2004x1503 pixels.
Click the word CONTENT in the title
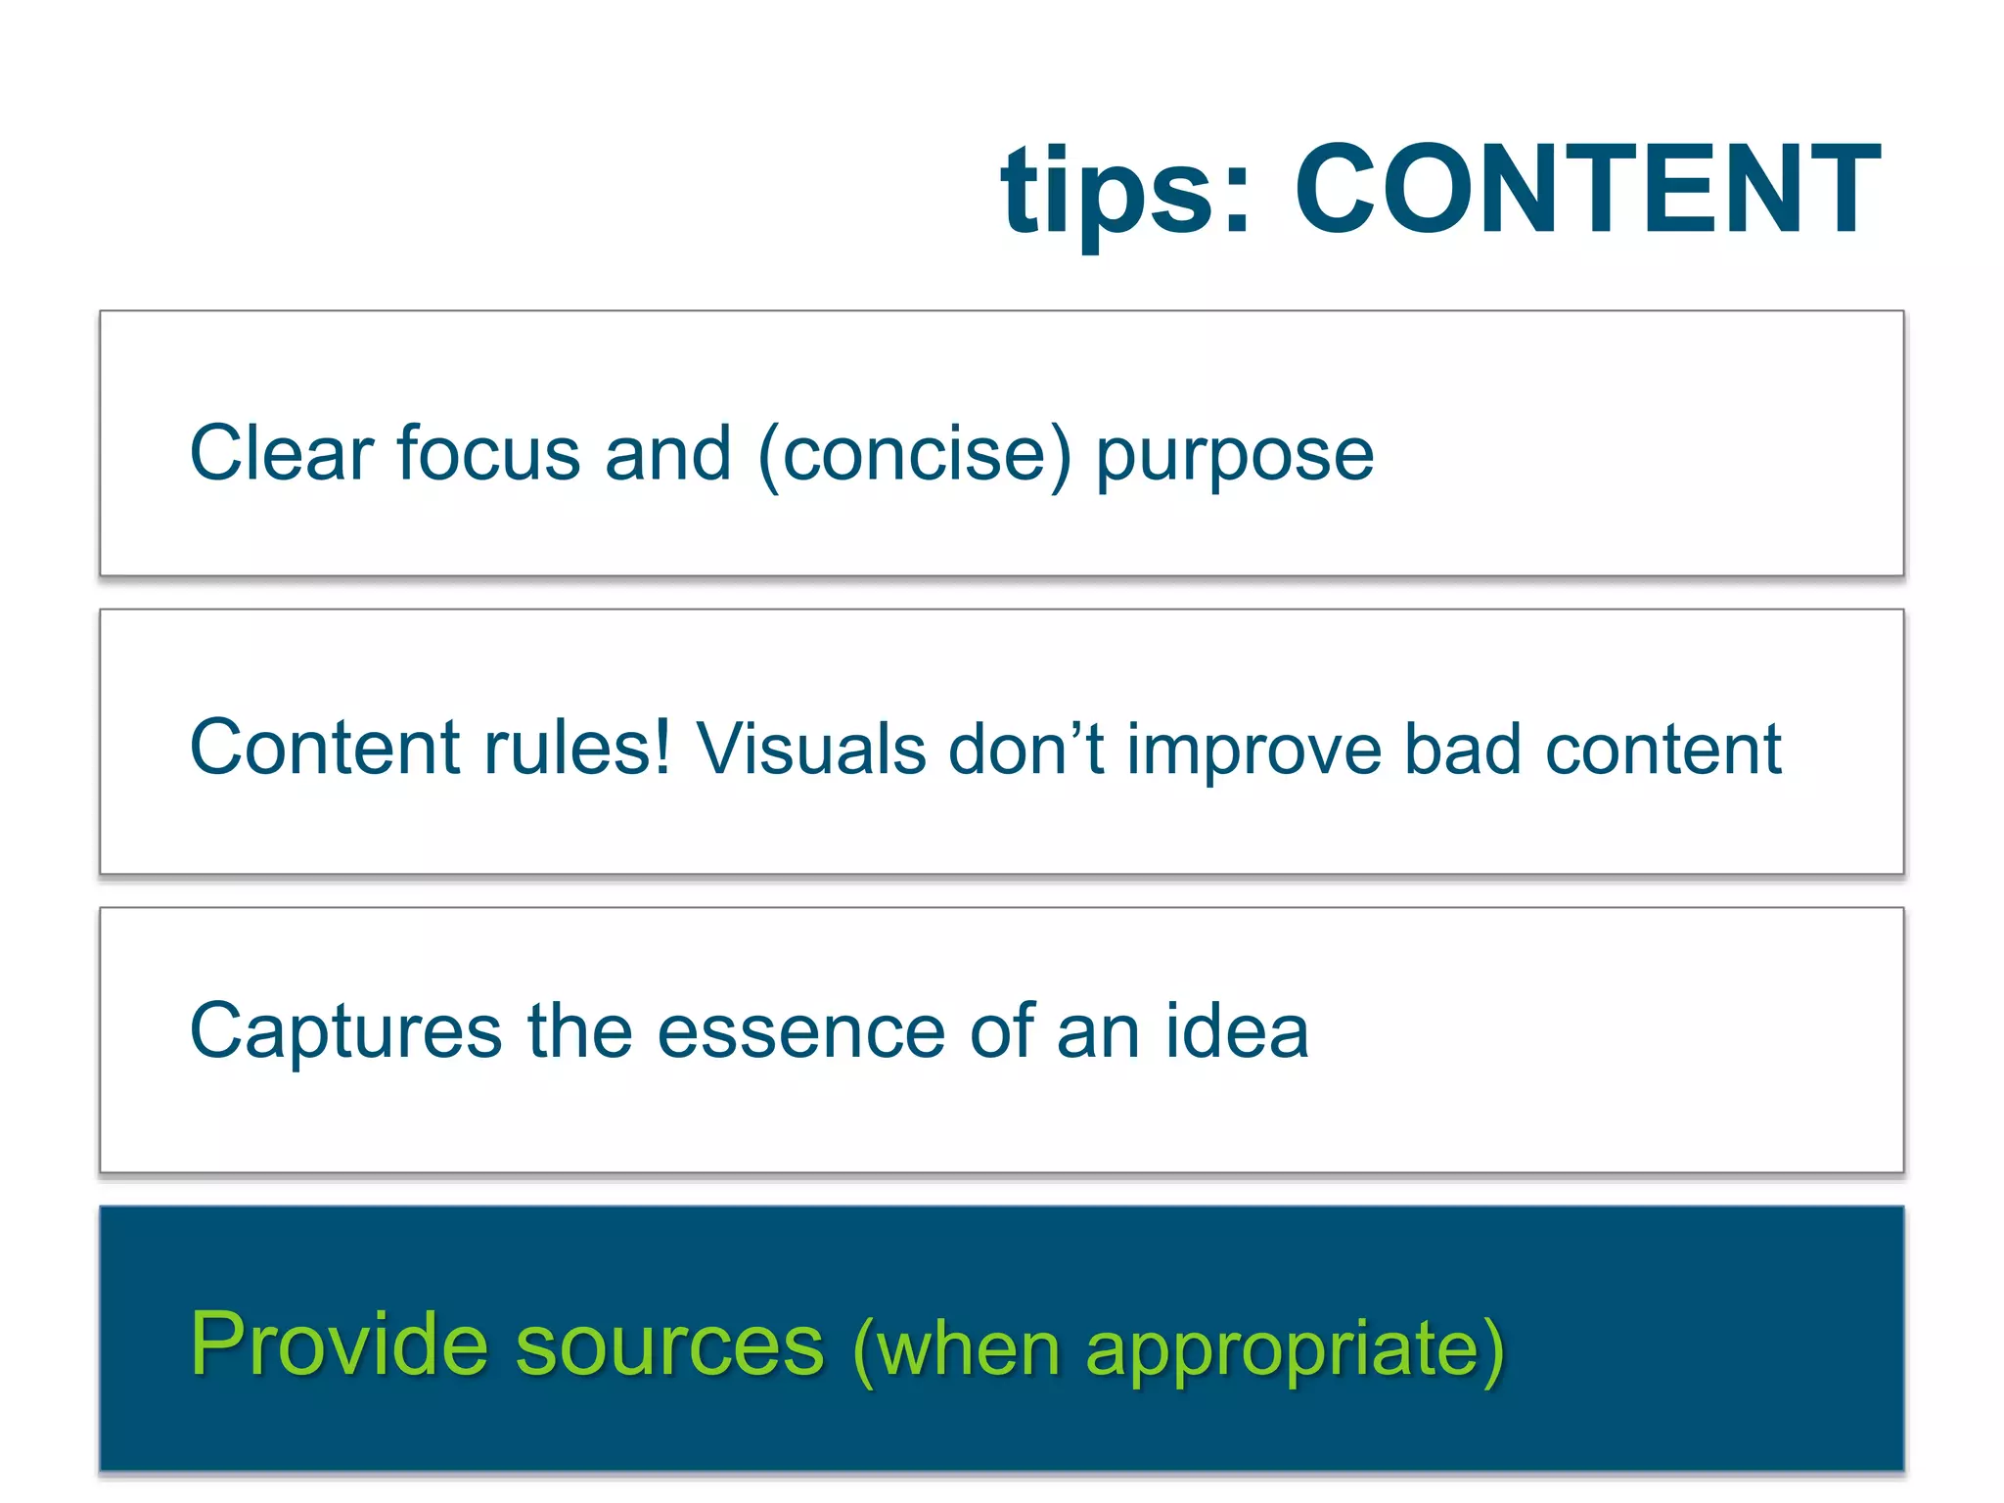(1587, 189)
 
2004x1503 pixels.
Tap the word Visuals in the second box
(810, 750)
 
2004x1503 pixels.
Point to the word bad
(1462, 750)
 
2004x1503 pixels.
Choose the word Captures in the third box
(345, 1033)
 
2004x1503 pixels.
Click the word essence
(800, 1032)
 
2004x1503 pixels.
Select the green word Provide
(339, 1344)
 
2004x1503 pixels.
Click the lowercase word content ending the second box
(1662, 750)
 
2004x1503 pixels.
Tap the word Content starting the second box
(324, 749)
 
